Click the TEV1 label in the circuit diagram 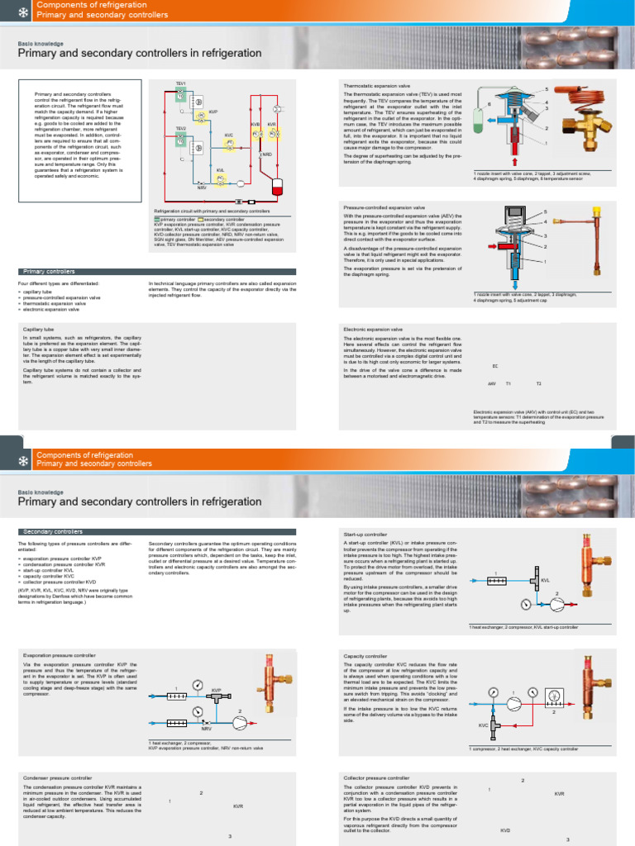tap(180, 83)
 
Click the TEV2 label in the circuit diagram tap(180, 129)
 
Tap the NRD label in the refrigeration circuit tap(267, 154)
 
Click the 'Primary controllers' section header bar tap(156, 271)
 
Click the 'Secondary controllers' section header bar tap(156, 531)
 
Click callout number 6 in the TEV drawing tap(489, 104)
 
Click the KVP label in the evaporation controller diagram tap(217, 688)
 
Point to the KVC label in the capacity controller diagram tap(484, 725)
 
